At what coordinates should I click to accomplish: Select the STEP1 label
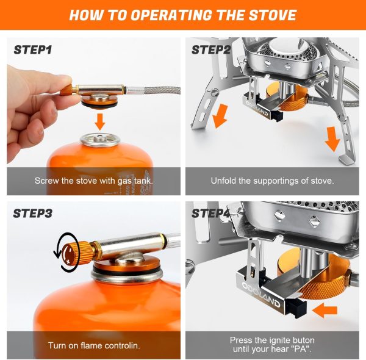tap(34, 49)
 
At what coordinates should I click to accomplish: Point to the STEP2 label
tap(211, 49)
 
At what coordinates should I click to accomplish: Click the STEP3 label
tap(34, 213)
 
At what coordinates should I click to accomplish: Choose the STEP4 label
tap(211, 213)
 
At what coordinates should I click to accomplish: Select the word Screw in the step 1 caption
tap(46, 181)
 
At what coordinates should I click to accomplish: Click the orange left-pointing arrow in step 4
tap(327, 310)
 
